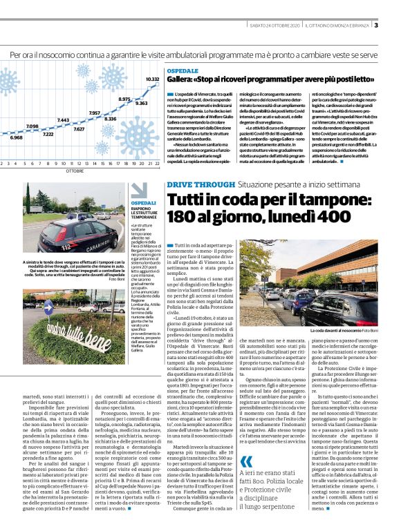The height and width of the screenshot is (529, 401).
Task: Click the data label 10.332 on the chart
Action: point(152,79)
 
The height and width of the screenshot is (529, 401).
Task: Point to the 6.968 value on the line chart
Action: point(16,137)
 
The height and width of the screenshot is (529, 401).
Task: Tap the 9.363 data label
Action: point(141,103)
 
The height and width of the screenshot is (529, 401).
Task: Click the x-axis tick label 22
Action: point(158,164)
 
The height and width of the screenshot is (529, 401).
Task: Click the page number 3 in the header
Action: point(395,26)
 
